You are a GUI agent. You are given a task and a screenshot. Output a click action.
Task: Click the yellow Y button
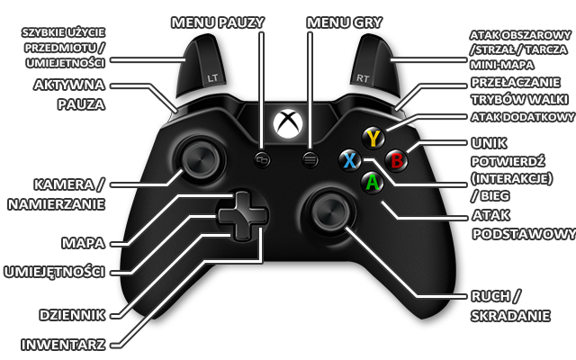[373, 138]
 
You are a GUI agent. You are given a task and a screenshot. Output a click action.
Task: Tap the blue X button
[349, 161]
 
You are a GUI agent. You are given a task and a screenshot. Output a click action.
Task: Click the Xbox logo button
[287, 121]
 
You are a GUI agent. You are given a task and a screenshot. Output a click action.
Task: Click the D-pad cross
[241, 216]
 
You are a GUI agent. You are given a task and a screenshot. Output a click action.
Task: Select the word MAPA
[80, 243]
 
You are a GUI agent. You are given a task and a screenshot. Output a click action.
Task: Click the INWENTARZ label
[66, 344]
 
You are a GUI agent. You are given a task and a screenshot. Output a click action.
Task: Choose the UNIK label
[488, 143]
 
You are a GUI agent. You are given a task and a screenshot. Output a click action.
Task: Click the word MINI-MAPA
[499, 65]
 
